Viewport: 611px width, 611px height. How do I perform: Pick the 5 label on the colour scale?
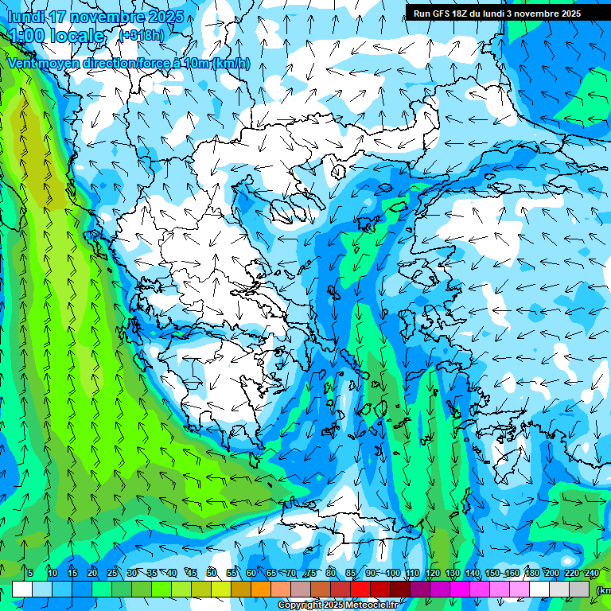[30, 574]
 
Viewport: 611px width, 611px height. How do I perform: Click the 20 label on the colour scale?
[92, 574]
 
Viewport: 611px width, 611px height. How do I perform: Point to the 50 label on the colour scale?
[212, 574]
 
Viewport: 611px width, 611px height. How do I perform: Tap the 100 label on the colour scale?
[393, 574]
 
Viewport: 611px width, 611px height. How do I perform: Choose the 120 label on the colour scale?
[433, 574]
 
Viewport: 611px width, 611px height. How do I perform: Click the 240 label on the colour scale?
[592, 574]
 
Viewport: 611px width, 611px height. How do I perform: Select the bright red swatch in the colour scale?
[360, 589]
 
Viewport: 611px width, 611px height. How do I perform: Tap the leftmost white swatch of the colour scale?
[22, 589]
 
